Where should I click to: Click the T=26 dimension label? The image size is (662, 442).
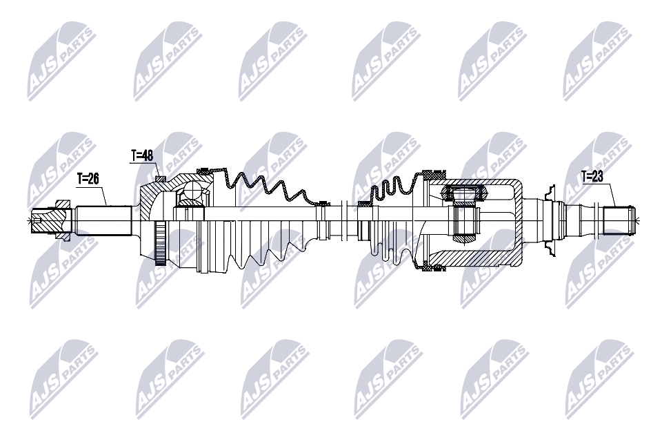click(x=88, y=178)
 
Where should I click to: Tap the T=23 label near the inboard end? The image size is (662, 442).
click(x=592, y=177)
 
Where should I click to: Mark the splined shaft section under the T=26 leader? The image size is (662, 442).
click(x=103, y=220)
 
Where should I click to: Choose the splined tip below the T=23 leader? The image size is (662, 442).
click(x=619, y=220)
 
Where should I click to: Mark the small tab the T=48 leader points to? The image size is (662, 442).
click(x=160, y=179)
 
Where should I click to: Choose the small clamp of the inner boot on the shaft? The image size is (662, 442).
click(x=364, y=203)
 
